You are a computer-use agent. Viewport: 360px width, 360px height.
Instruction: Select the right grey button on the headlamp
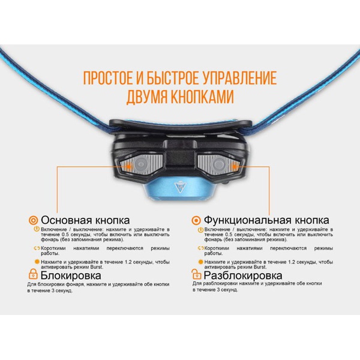click(x=220, y=165)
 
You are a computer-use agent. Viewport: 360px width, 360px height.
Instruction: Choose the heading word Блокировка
click(x=76, y=274)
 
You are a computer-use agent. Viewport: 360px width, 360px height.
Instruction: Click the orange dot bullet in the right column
click(x=200, y=262)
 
